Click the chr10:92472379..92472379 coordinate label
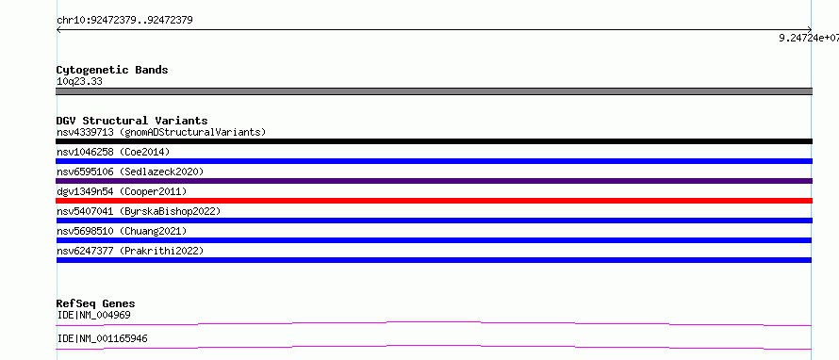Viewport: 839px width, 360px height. point(124,21)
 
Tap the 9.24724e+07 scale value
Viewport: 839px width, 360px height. point(809,38)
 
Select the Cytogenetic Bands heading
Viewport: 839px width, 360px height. point(112,70)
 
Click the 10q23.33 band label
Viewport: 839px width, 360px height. point(79,82)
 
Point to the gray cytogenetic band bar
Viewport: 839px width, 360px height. point(434,91)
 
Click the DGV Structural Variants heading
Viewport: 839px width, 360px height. point(132,121)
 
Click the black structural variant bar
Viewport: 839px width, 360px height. point(434,141)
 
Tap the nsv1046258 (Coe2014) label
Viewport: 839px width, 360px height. point(113,152)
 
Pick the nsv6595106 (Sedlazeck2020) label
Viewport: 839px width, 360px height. point(130,172)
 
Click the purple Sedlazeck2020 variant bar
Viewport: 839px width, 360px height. point(434,181)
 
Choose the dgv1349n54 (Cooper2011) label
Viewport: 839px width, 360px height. point(122,191)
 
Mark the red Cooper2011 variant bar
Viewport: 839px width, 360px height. point(434,201)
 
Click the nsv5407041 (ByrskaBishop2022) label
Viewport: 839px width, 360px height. point(139,211)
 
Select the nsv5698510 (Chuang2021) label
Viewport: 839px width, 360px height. point(122,231)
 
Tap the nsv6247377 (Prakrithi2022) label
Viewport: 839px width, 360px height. point(130,251)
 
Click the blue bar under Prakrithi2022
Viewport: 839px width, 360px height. point(434,260)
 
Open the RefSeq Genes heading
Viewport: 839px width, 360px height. point(95,303)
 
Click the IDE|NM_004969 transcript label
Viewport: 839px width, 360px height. point(93,315)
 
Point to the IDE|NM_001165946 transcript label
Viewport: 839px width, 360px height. point(102,338)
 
